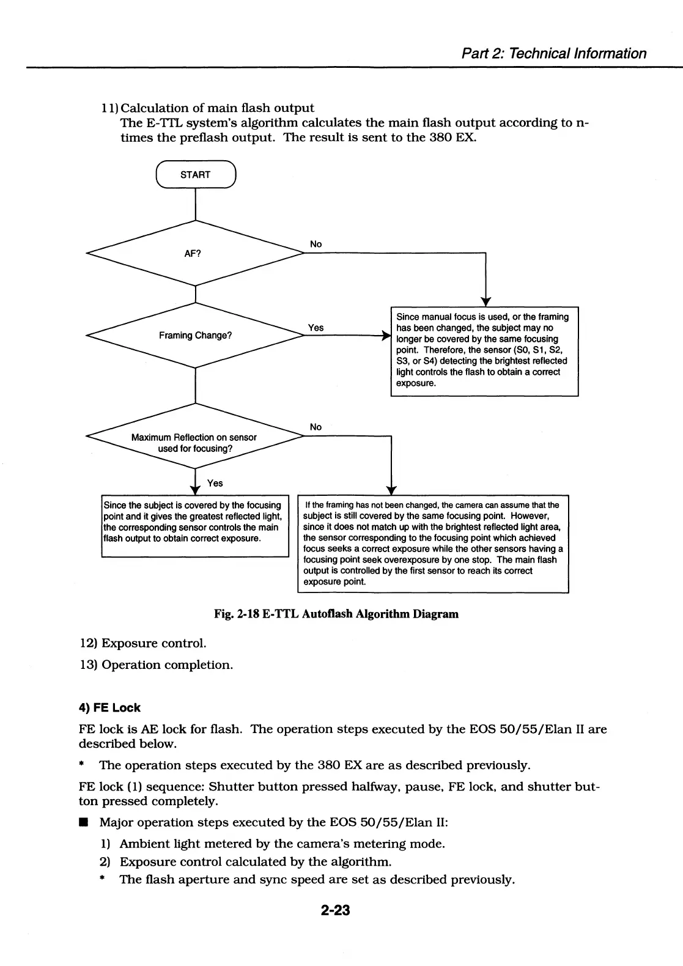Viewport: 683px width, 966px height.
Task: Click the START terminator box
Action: pos(196,175)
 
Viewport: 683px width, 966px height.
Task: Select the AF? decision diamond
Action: pos(195,253)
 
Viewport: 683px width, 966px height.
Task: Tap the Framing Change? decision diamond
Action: pos(195,335)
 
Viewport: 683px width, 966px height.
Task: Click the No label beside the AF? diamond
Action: pos(316,244)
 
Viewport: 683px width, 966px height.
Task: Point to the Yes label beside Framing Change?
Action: pos(316,328)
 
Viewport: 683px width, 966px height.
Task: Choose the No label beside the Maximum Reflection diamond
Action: pos(316,427)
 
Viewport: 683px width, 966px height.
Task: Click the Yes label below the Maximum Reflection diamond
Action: pos(215,483)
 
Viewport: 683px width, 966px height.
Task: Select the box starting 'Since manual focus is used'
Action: pos(484,351)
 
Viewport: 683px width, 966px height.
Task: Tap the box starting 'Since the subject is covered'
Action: pos(194,525)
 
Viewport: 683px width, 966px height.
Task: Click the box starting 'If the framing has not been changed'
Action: pos(433,544)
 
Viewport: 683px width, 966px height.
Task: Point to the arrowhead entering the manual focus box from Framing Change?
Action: pos(386,336)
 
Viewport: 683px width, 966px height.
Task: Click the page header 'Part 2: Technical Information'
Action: pos(553,53)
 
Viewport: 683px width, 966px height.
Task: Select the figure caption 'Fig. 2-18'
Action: pos(336,614)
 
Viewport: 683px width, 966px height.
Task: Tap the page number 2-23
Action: pos(335,910)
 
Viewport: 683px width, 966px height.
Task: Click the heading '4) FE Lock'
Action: pos(109,707)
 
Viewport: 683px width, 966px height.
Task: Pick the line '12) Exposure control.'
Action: pos(143,643)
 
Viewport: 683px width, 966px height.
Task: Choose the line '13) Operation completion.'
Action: pos(156,665)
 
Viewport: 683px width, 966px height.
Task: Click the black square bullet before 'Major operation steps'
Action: pos(82,823)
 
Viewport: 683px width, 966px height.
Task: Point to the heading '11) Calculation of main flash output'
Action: pos(208,108)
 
